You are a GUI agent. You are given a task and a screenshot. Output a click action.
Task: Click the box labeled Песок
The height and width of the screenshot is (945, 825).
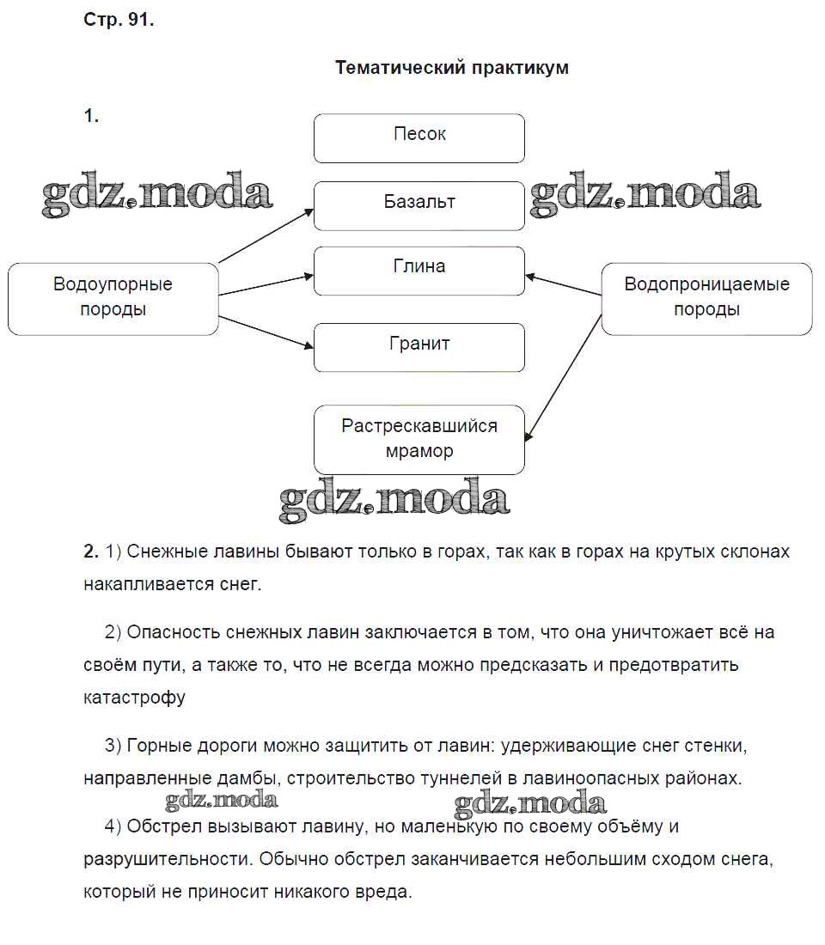click(x=419, y=137)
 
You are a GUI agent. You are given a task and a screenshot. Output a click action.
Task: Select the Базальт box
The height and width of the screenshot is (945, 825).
click(x=419, y=205)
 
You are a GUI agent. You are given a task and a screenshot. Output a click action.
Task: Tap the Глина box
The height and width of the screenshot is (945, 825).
click(x=419, y=271)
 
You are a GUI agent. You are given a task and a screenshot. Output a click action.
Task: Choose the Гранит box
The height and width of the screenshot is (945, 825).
click(x=419, y=347)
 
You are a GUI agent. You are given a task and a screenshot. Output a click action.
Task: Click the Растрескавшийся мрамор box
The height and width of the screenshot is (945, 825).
click(x=419, y=439)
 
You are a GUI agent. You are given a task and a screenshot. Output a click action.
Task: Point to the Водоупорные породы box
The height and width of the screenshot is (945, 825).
click(x=113, y=298)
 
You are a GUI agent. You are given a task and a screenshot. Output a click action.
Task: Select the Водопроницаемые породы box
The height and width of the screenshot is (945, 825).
click(x=706, y=298)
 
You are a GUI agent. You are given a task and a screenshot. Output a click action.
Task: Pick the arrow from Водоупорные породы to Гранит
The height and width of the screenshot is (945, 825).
click(x=266, y=332)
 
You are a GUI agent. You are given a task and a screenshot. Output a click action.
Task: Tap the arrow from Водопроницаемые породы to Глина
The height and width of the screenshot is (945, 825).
click(x=564, y=285)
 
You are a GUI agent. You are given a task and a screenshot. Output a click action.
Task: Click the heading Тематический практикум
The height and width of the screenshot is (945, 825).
click(x=451, y=68)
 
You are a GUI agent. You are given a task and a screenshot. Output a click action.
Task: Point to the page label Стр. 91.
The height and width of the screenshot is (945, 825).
click(x=119, y=21)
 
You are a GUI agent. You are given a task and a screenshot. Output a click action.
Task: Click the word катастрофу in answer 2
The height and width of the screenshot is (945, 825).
click(x=134, y=697)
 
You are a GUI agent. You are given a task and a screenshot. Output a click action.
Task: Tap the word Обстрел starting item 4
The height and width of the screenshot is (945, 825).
click(x=162, y=826)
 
